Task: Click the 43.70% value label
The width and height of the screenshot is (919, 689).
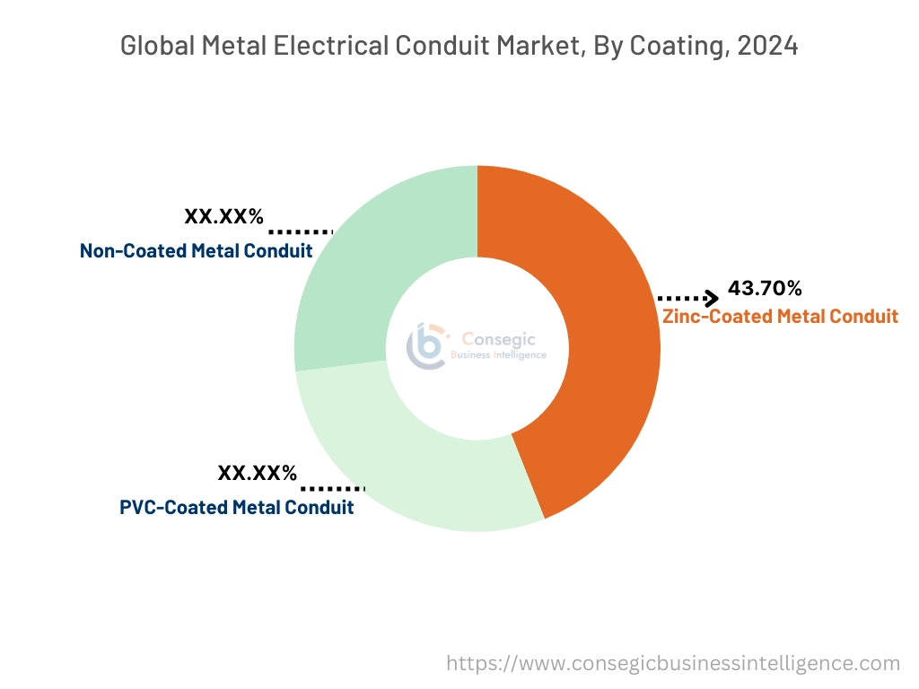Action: (765, 289)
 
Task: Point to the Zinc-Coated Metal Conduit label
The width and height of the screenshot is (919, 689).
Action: (780, 316)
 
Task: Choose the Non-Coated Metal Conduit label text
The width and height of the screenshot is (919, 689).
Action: (196, 250)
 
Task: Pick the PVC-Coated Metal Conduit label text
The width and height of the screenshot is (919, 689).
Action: (236, 507)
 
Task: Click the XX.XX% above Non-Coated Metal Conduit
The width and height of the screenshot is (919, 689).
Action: (223, 216)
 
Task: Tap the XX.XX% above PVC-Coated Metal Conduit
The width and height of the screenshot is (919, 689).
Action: (257, 473)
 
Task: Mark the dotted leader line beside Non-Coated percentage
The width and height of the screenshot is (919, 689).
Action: (301, 231)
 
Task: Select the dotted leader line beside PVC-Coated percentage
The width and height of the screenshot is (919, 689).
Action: (333, 488)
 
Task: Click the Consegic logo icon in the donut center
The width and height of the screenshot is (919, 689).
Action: (425, 346)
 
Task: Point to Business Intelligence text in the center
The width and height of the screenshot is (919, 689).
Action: (498, 355)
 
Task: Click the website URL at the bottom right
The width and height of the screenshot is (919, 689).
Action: (673, 663)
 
